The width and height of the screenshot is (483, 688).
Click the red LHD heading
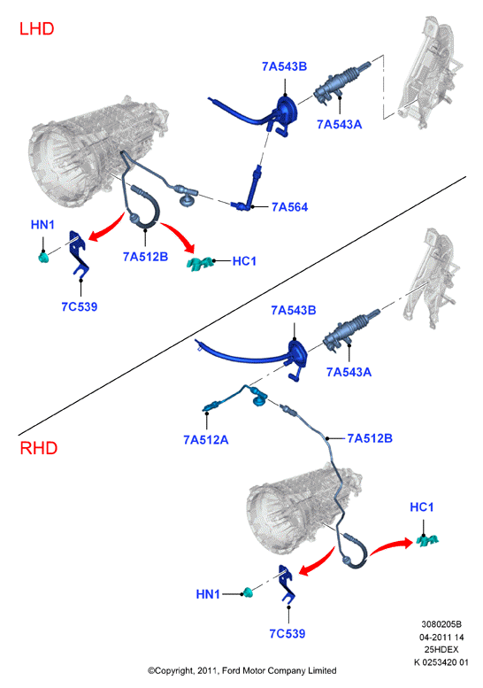(37, 29)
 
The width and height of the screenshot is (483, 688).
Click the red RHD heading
(39, 448)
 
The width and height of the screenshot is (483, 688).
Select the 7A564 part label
(290, 207)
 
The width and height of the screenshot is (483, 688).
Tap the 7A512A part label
(205, 440)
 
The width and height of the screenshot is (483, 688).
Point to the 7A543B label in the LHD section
(285, 66)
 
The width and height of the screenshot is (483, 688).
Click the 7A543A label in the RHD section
(349, 372)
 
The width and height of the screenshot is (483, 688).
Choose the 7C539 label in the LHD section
(80, 306)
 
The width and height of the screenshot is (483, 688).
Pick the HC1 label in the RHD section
(422, 507)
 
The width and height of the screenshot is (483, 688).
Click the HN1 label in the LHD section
(42, 225)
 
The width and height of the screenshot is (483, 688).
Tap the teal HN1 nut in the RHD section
(249, 592)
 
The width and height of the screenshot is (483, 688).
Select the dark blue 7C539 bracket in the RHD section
(287, 584)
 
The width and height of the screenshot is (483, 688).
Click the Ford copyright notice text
(241, 670)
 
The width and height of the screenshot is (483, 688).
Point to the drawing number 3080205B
(441, 624)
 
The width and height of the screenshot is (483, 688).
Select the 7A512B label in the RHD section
(370, 438)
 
